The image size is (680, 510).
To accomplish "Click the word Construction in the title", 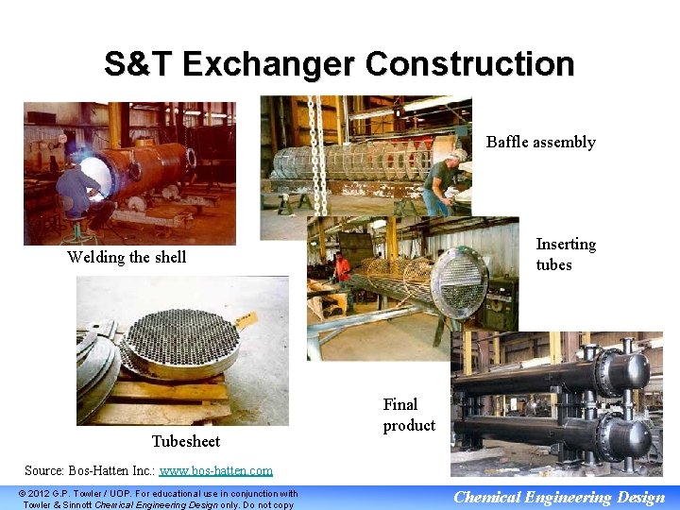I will [x=469, y=65].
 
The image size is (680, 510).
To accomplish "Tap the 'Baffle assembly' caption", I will [x=540, y=143].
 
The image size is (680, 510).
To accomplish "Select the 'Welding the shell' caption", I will [x=127, y=257].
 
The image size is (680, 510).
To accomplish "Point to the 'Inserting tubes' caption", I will [x=565, y=254].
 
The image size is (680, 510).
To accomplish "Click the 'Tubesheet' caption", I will [x=185, y=441].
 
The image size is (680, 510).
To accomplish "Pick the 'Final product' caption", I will [x=408, y=415].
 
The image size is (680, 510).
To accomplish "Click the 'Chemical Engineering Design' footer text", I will [x=559, y=497].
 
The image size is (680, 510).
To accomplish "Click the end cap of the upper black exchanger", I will [x=623, y=372].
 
